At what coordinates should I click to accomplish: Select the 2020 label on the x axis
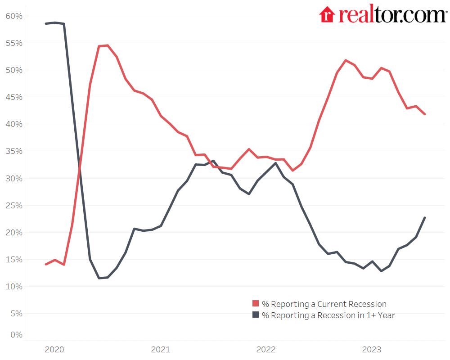[54, 350]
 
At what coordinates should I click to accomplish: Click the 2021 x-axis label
[160, 350]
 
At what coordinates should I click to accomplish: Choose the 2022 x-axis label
[266, 350]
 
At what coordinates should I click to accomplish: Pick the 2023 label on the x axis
[372, 350]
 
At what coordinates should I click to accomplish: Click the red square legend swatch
[256, 304]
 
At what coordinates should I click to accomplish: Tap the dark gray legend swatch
[256, 315]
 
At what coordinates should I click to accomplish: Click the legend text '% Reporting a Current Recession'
[324, 304]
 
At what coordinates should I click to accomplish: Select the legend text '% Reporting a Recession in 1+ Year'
[328, 315]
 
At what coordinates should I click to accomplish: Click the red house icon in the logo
[327, 14]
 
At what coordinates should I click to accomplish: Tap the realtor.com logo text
[391, 14]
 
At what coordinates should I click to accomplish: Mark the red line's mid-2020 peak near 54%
[107, 45]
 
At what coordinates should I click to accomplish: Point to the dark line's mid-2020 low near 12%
[99, 278]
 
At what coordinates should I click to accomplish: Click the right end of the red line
[425, 114]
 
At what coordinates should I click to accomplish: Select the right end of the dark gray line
[425, 218]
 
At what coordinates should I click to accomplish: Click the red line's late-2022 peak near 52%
[346, 60]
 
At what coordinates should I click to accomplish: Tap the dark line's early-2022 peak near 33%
[275, 163]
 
